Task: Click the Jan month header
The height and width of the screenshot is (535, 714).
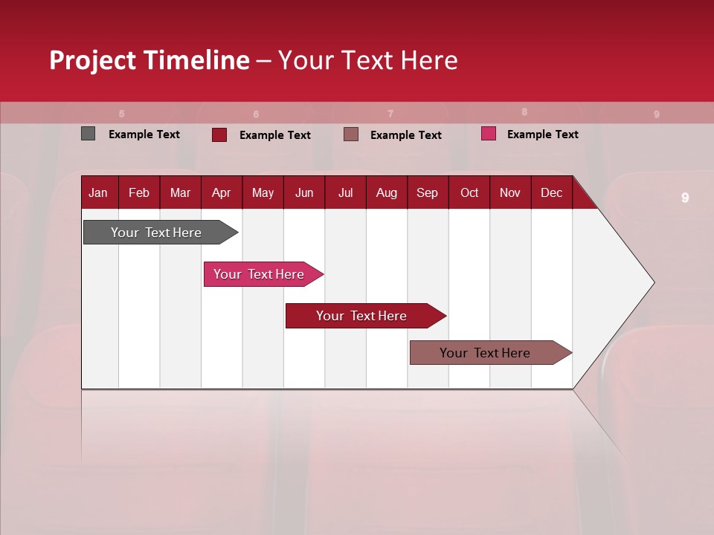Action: (98, 193)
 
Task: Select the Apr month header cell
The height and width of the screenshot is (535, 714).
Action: (221, 193)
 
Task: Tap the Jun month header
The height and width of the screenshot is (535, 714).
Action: (304, 193)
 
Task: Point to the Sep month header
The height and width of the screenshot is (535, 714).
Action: (427, 193)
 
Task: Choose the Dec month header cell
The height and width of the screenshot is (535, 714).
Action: (551, 193)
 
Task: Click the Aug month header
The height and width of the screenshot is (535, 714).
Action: (386, 193)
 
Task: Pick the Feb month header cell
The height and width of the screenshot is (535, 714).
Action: (139, 193)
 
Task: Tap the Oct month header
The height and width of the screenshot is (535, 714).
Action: (469, 193)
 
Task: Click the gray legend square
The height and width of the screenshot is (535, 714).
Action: (89, 134)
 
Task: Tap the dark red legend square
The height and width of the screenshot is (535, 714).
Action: (219, 134)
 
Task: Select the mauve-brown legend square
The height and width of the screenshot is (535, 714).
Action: (351, 134)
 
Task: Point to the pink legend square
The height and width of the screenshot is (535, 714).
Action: (489, 134)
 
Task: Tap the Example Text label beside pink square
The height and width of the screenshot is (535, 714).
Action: (542, 134)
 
